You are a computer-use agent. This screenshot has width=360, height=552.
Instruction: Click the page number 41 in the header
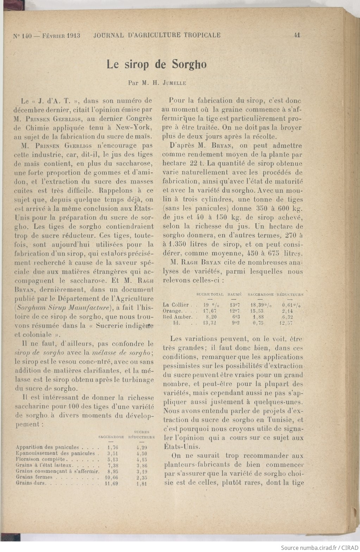tap(296, 35)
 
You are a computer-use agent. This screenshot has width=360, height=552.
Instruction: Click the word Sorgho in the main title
tap(189, 65)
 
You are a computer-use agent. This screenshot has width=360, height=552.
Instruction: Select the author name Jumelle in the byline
tap(173, 84)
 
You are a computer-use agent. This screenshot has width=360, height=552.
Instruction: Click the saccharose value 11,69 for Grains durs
tap(111, 483)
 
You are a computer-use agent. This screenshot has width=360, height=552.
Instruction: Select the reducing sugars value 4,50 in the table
tap(141, 454)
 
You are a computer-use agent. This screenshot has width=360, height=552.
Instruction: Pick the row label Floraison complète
tap(41, 459)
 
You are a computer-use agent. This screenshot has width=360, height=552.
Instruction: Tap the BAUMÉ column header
tap(235, 294)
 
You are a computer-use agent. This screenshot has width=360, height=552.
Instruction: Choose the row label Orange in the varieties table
tap(173, 311)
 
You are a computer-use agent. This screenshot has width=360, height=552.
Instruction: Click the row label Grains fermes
tap(34, 477)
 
